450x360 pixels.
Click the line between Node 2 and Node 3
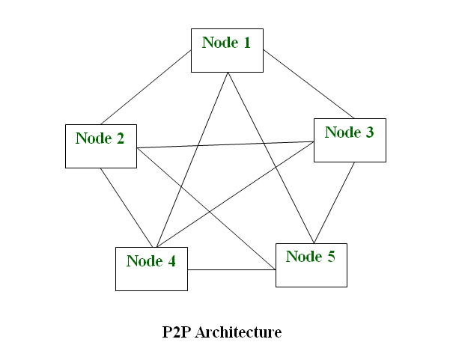[x=225, y=144]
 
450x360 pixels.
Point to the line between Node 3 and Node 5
[x=334, y=202]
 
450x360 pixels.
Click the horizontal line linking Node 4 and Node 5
[x=231, y=269]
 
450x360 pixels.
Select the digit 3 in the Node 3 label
[x=369, y=132]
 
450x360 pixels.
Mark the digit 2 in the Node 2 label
[x=120, y=138]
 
